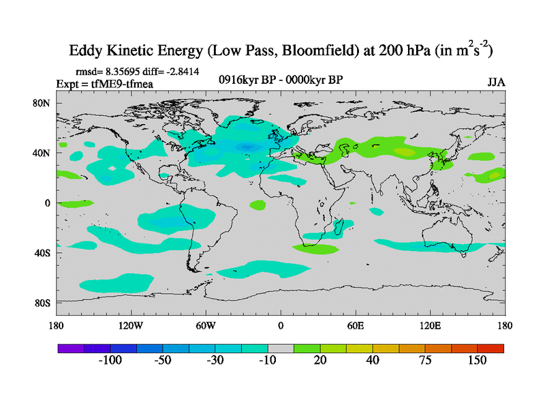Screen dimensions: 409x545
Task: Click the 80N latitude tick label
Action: (x=43, y=103)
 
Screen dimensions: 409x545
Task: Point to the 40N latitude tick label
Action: (x=43, y=153)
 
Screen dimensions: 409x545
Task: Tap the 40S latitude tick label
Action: (x=43, y=253)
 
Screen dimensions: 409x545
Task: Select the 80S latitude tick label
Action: (x=43, y=303)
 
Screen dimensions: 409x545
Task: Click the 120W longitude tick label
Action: (x=130, y=325)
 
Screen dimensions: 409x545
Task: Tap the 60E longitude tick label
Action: (x=356, y=325)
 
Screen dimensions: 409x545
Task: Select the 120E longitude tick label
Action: (x=431, y=325)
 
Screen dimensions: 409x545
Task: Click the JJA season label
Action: (x=496, y=82)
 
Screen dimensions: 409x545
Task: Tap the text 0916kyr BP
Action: (x=243, y=80)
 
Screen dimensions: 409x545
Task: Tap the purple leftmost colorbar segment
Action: (x=71, y=348)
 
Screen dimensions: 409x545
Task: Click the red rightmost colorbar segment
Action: (x=490, y=348)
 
